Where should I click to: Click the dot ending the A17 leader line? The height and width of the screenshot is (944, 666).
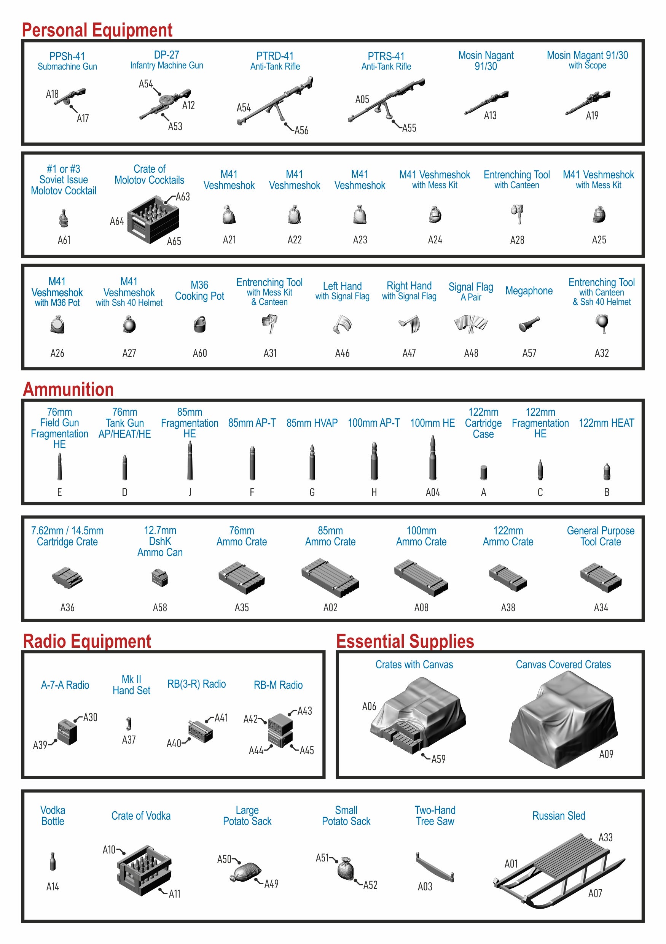pyautogui.click(x=71, y=106)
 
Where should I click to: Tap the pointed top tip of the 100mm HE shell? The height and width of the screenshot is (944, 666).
pyautogui.click(x=432, y=436)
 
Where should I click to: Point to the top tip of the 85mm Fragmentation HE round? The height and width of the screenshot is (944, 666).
pyautogui.click(x=190, y=442)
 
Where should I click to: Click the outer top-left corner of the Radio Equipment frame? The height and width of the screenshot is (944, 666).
pyautogui.click(x=22, y=650)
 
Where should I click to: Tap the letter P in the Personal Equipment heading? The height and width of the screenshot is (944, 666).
pyautogui.click(x=27, y=30)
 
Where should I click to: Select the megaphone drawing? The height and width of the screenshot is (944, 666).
pyautogui.click(x=529, y=324)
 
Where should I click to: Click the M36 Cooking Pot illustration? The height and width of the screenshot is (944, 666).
pyautogui.click(x=199, y=324)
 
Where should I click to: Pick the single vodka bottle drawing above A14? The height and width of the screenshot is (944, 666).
pyautogui.click(x=53, y=861)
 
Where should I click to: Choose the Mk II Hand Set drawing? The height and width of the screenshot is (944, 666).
pyautogui.click(x=129, y=723)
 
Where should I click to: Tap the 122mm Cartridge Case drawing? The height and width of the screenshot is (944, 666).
pyautogui.click(x=483, y=472)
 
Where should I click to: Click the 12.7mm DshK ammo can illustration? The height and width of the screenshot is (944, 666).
pyautogui.click(x=159, y=577)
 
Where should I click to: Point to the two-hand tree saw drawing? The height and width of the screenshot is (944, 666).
pyautogui.click(x=435, y=867)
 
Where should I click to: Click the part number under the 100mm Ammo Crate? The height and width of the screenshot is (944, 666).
pyautogui.click(x=421, y=607)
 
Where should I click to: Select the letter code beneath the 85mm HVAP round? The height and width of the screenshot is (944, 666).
pyautogui.click(x=312, y=492)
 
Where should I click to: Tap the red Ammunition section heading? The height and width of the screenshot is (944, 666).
pyautogui.click(x=68, y=389)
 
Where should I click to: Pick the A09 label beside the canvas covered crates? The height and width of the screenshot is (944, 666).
pyautogui.click(x=606, y=754)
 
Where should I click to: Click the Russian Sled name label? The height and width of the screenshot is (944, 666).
pyautogui.click(x=559, y=816)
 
